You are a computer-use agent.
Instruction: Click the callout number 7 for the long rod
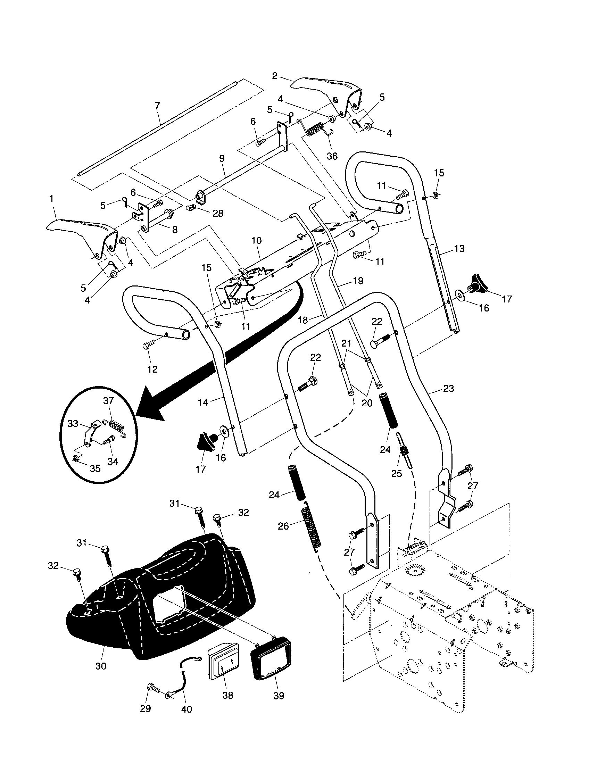[x=157, y=106]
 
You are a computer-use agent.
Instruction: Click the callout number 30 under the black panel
[x=101, y=666]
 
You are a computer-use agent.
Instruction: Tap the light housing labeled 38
[x=223, y=662]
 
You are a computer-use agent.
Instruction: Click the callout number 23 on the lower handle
[x=448, y=388]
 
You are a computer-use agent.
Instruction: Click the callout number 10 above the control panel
[x=256, y=241]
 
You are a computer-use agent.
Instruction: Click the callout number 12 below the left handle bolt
[x=152, y=369]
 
